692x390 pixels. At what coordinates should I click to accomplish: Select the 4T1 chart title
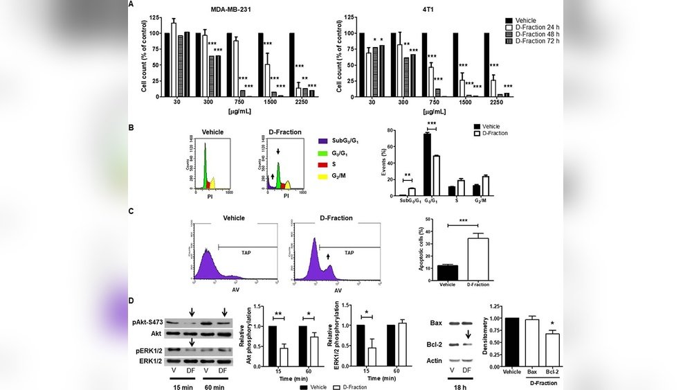(420, 8)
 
